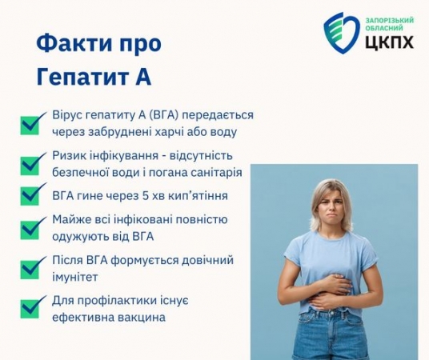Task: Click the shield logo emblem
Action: (342, 33)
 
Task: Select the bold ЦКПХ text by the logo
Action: (389, 42)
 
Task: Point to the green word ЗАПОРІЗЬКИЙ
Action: (390, 20)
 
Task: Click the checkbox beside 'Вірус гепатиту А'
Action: (31, 124)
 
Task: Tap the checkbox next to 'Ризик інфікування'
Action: (31, 164)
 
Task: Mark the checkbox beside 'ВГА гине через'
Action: (31, 194)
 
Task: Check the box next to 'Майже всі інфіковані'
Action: (31, 228)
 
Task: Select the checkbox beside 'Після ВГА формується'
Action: (31, 268)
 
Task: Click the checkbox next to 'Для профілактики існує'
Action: (31, 307)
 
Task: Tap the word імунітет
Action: (74, 277)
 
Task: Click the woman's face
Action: (331, 206)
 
